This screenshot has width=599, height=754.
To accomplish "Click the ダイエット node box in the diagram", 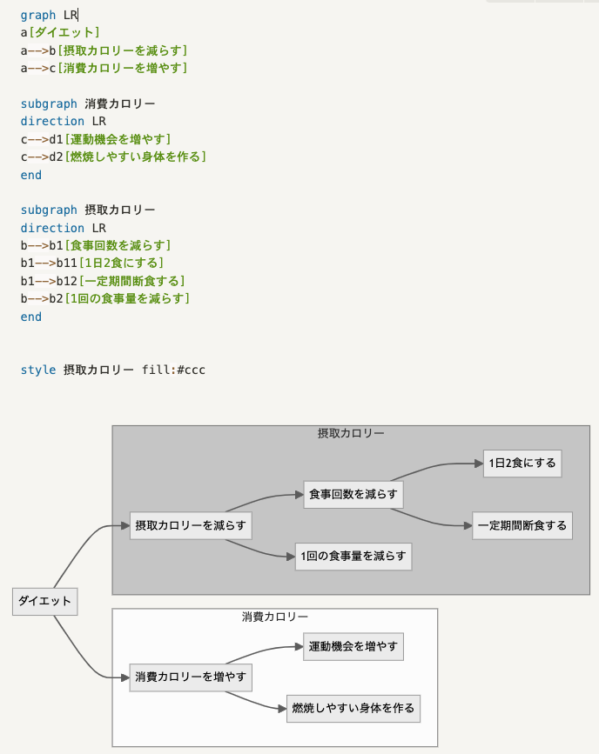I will tap(45, 602).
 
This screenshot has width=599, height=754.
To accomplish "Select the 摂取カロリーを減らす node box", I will tap(191, 525).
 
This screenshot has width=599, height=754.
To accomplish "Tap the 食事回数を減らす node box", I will tap(353, 494).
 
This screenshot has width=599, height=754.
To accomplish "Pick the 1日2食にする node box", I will tap(522, 464).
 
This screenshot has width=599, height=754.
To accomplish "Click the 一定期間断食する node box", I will tap(522, 525).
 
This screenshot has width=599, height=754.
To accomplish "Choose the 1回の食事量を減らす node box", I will tap(353, 556).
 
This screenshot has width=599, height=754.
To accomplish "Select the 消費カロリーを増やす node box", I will tap(191, 677).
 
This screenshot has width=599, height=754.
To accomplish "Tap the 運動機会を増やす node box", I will tap(353, 647).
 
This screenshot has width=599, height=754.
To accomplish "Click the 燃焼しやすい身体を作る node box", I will tap(353, 709).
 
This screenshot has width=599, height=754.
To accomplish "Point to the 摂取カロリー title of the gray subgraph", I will tap(351, 433).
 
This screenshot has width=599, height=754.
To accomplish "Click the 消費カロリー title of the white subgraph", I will tap(274, 617).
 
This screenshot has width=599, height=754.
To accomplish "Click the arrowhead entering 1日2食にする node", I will tap(479, 464).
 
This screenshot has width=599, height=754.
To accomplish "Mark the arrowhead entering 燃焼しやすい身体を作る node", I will tap(282, 710).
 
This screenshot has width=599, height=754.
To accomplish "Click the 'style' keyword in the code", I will tap(37, 370).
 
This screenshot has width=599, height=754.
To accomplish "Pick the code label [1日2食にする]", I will tap(121, 263).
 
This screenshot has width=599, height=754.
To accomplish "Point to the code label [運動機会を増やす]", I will tap(118, 139).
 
